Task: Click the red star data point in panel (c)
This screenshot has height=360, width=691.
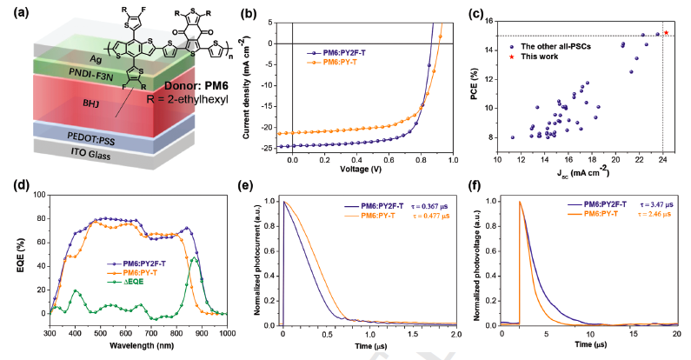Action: tap(667, 32)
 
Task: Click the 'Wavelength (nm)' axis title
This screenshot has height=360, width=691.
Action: tap(139, 344)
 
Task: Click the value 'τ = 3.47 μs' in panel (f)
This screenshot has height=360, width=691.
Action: tap(650, 203)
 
